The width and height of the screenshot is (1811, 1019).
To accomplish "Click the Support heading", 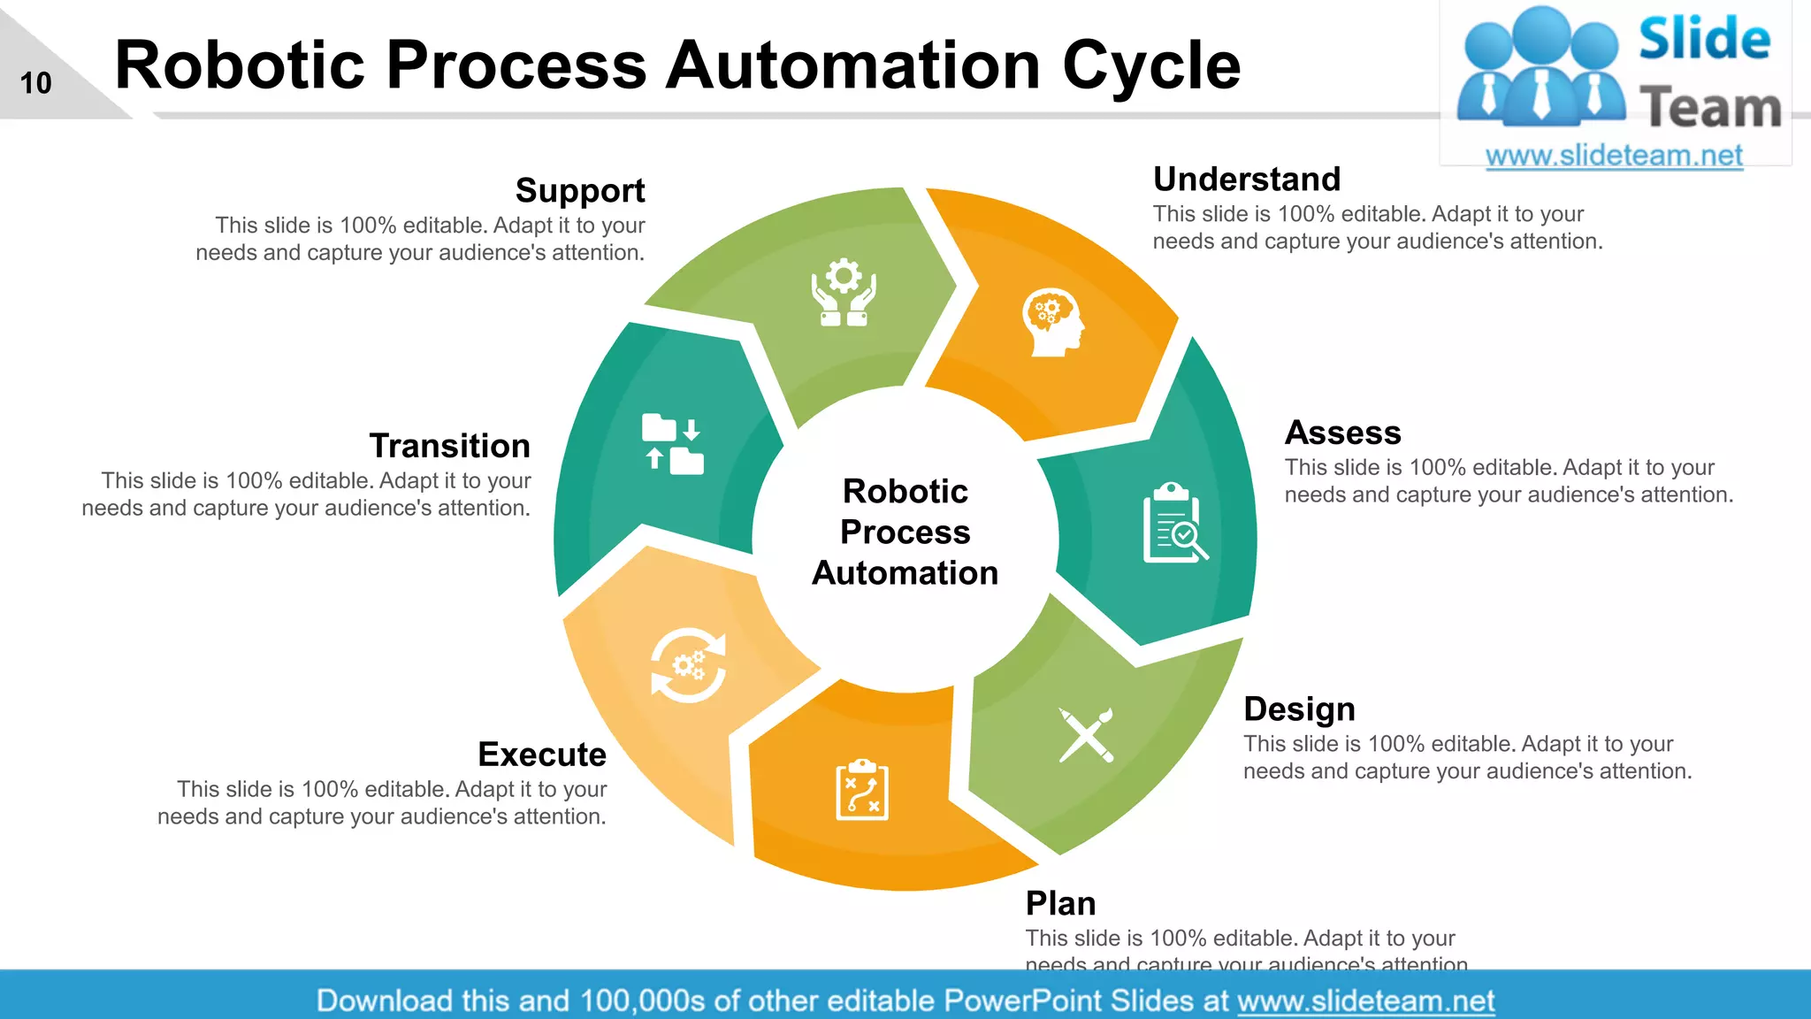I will [580, 191].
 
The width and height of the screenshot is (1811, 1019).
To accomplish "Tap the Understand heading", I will [1247, 180].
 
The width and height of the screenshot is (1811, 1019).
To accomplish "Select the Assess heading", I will [1342, 433].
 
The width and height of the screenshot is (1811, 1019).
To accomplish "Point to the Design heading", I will [1299, 709].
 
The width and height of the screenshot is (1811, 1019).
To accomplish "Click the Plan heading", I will [1060, 904].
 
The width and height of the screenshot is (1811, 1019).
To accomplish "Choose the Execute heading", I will [542, 755].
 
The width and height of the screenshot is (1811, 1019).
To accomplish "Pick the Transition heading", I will [449, 446].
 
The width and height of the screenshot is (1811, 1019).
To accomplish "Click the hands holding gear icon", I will [844, 292].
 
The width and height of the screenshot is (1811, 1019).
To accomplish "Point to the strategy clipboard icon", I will [862, 790].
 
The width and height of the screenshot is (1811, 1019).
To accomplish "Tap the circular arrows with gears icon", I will [688, 665].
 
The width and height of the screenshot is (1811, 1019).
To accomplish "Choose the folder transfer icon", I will [672, 444].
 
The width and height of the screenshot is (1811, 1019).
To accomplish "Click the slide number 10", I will [36, 83].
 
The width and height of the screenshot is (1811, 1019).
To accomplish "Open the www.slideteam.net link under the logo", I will [1614, 156].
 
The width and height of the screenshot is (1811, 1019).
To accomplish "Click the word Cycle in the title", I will [1151, 65].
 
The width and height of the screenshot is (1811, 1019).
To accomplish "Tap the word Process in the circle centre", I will [905, 532].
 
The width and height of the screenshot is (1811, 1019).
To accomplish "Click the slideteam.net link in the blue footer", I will [1365, 1001].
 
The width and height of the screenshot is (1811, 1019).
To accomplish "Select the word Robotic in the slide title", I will [240, 65].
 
